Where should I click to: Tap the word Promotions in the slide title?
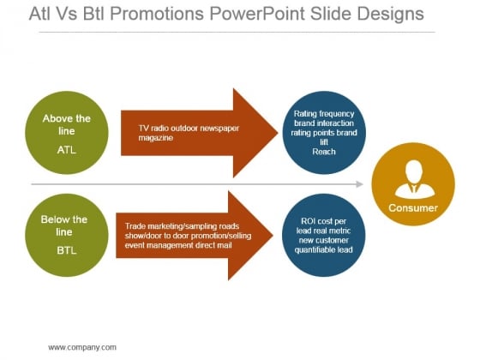157,14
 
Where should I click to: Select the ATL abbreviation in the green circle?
67,150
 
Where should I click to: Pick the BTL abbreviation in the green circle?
67,250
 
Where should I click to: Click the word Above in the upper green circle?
57,118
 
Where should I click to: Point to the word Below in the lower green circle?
54,219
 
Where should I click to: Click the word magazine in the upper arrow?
156,138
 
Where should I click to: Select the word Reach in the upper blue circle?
324,152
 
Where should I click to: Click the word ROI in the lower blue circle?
308,221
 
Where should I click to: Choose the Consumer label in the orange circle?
413,208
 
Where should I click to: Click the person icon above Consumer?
415,180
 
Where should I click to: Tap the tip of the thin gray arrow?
363,184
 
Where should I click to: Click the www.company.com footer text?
82,347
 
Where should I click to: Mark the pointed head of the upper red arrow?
278,133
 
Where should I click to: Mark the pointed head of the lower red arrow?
273,236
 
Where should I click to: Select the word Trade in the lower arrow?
135,226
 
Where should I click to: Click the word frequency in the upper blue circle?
337,114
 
